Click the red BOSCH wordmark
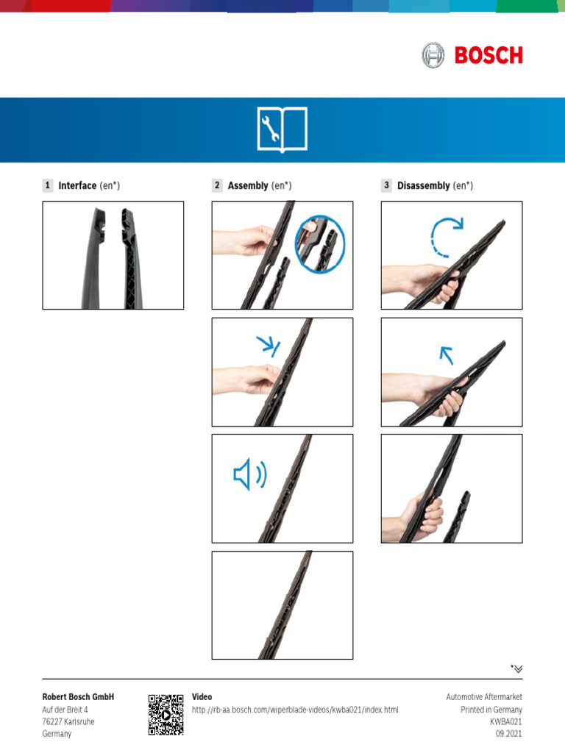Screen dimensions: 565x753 (488, 55)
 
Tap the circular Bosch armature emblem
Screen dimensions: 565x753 (433, 54)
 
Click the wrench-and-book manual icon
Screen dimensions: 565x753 (282, 129)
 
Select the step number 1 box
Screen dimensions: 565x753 (48, 185)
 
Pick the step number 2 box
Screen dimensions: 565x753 (217, 185)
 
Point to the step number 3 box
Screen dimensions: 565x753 (386, 185)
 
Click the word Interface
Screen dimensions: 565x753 (77, 185)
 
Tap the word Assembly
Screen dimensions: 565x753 (248, 186)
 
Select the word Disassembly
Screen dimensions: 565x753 (423, 186)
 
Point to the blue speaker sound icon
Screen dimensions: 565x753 (250, 474)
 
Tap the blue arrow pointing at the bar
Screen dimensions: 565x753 (268, 346)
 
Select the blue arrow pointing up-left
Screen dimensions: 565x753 (447, 355)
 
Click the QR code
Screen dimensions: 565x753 (166, 715)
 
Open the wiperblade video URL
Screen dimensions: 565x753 (295, 710)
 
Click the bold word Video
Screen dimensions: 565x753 (202, 697)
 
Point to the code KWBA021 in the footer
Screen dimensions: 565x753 (506, 722)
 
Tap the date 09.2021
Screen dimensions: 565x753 (509, 734)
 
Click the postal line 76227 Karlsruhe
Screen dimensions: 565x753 (68, 722)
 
